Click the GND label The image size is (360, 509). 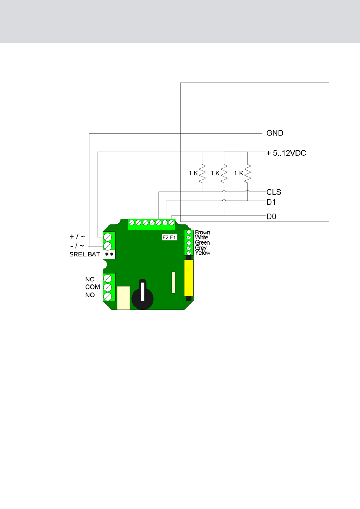pyautogui.click(x=275, y=133)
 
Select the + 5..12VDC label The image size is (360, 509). pyautogui.click(x=286, y=153)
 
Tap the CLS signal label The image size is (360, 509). pyautogui.click(x=274, y=192)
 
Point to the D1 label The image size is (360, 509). pyautogui.click(x=271, y=202)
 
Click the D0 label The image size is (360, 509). pyautogui.click(x=271, y=217)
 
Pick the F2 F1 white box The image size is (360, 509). pyautogui.click(x=169, y=237)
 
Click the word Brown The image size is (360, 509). pyautogui.click(x=202, y=232)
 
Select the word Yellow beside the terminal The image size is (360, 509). pyautogui.click(x=202, y=253)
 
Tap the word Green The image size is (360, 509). pyautogui.click(x=202, y=242)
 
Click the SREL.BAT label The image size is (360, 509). pyautogui.click(x=85, y=254)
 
